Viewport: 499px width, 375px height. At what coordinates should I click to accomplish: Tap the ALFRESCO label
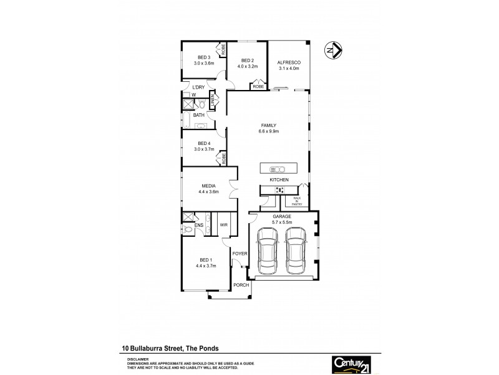click(289, 62)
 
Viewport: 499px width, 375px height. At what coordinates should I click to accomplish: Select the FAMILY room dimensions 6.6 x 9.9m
click(268, 132)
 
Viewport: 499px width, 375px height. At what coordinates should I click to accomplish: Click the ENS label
click(200, 225)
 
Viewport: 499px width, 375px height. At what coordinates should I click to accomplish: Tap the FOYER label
click(240, 254)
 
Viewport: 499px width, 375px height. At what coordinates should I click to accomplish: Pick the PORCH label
click(241, 285)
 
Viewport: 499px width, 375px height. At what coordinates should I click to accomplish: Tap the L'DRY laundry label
click(198, 87)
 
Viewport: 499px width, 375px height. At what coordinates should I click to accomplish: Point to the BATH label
click(198, 115)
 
